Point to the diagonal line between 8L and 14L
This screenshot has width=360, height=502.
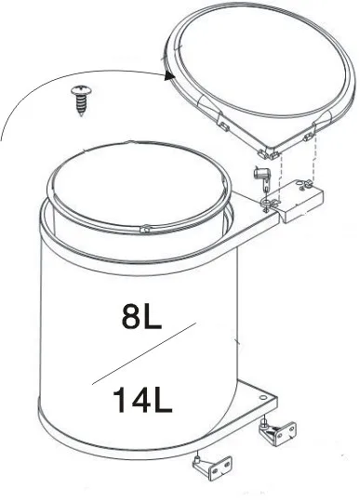click(144, 352)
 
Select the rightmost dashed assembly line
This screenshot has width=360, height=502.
click(315, 162)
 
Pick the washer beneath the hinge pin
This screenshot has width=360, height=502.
click(268, 197)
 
